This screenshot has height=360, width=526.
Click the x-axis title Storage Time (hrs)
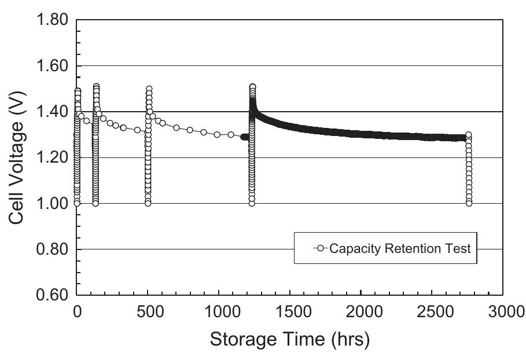click(x=289, y=339)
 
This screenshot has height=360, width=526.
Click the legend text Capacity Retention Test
click(x=400, y=249)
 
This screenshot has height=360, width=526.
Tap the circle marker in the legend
click(x=321, y=249)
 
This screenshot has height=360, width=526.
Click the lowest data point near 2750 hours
click(x=469, y=203)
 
